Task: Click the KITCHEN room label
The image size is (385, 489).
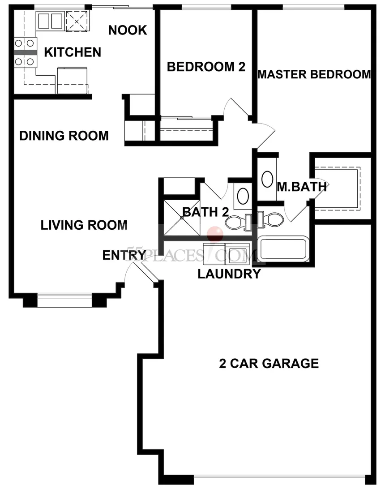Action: pos(73,52)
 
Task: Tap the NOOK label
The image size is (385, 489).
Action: pos(128,30)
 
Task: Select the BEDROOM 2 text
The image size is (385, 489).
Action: pos(206,67)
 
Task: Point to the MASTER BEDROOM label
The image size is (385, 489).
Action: pos(314,74)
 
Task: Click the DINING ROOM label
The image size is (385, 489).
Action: pos(64,136)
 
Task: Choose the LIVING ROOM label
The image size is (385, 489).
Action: pos(84,225)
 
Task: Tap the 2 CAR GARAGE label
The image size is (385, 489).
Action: pos(269,363)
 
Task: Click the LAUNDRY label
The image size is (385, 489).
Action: pos(229,274)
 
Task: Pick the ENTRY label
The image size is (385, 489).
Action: pos(124,255)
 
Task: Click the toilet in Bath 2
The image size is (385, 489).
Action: pos(239,223)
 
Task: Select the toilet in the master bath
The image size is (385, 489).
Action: pos(270,219)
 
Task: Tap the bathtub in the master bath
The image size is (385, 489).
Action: pos(283,249)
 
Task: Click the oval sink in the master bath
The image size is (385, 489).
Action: pos(267,179)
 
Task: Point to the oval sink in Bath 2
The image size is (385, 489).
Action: pos(243,196)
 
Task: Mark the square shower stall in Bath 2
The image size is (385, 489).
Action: pos(182,218)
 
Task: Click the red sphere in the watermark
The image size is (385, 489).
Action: pos(215,234)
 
